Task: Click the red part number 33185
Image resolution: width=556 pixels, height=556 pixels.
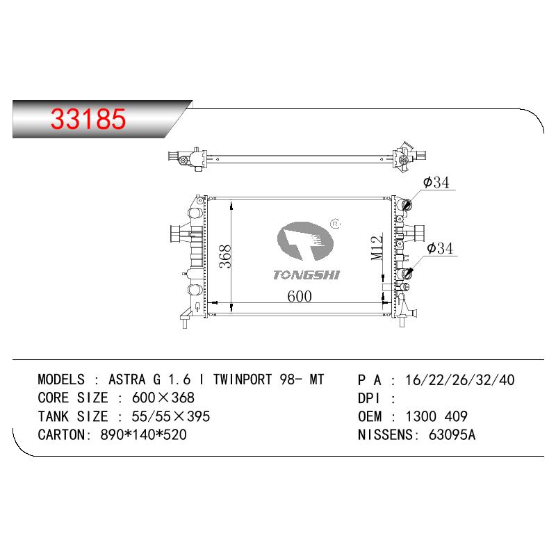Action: [x=88, y=118]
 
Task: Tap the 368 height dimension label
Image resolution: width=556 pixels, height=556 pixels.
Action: [x=224, y=256]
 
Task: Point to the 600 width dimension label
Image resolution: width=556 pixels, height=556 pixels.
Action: [x=300, y=297]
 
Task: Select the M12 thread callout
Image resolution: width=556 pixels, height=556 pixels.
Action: [x=377, y=248]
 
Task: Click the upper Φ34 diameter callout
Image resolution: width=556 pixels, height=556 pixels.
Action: [x=436, y=182]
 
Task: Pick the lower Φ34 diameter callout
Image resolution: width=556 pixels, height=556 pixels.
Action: [x=440, y=248]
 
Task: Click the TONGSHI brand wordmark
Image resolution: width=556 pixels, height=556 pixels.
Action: [x=306, y=275]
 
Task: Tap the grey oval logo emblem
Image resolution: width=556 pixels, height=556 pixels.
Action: [x=305, y=241]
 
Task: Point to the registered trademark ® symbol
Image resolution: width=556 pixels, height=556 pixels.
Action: [x=335, y=224]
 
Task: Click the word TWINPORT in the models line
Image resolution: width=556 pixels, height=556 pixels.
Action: [x=242, y=379]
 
